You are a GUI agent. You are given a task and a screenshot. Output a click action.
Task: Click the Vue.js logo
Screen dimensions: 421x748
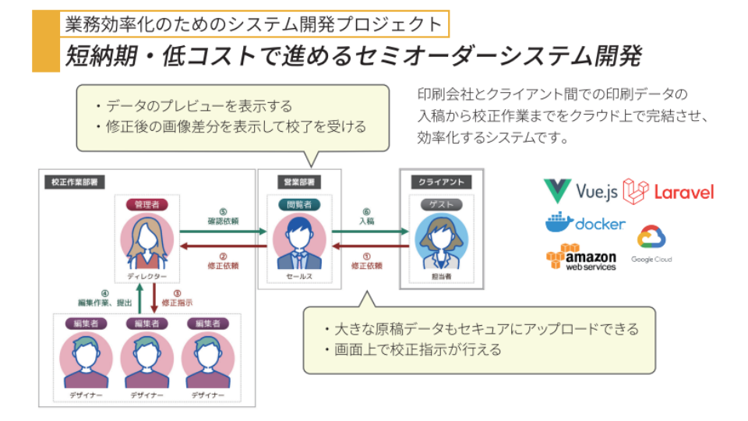click(x=580, y=191)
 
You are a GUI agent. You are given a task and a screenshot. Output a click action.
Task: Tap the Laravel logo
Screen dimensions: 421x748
click(x=669, y=191)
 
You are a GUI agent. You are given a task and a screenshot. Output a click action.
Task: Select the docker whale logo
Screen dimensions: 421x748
click(x=585, y=223)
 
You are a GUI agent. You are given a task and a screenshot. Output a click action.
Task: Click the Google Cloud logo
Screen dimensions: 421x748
click(x=651, y=242)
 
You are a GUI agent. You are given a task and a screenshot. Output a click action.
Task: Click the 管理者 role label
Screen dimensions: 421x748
click(x=147, y=204)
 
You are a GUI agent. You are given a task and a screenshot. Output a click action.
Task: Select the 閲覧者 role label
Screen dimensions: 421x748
click(x=298, y=204)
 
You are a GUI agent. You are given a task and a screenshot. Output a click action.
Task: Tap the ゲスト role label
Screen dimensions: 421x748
click(x=442, y=204)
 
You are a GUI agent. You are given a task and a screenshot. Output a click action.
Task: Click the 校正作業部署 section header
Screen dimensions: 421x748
click(x=74, y=182)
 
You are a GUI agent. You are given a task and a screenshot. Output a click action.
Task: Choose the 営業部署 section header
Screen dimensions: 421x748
click(x=298, y=182)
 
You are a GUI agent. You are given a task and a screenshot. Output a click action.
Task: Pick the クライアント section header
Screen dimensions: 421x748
click(x=441, y=182)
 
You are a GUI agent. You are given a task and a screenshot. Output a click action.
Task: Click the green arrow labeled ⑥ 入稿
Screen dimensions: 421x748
click(x=371, y=231)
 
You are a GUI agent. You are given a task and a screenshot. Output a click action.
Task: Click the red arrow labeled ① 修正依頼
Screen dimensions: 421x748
click(x=371, y=246)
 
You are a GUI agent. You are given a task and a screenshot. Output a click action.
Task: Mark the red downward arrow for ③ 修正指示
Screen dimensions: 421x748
click(x=153, y=299)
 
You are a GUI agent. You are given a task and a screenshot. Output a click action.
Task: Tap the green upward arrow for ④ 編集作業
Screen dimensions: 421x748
click(x=138, y=299)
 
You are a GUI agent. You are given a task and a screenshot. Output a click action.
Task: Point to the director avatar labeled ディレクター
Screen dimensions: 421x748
click(x=147, y=240)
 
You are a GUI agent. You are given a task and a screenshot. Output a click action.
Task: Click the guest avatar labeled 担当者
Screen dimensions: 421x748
click(x=442, y=240)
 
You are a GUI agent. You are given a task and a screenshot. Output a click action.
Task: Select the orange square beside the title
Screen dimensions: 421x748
click(x=46, y=41)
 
